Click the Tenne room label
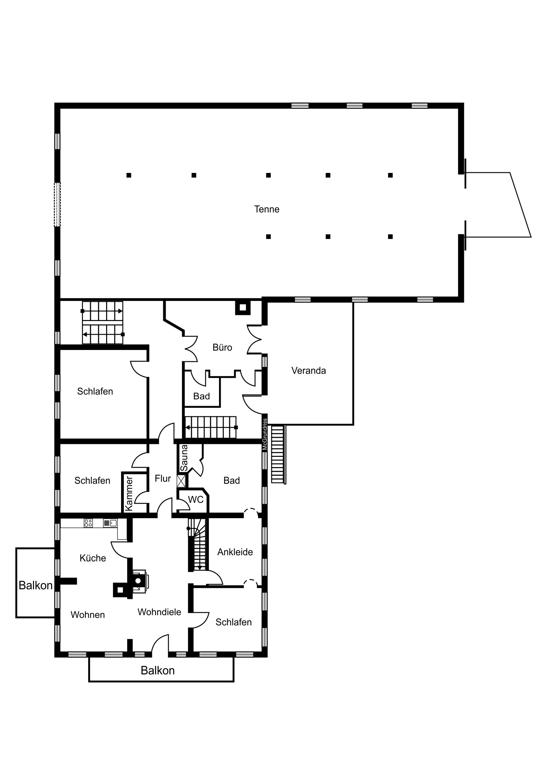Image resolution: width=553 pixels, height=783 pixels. [266, 209]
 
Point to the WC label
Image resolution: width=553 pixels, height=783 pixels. [196, 500]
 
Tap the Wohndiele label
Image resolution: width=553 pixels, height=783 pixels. [159, 612]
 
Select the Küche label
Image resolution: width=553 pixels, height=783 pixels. [93, 558]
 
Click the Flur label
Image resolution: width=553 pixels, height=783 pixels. [163, 478]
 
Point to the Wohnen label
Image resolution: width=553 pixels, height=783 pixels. [87, 614]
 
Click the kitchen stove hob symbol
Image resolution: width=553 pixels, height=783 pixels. [88, 523]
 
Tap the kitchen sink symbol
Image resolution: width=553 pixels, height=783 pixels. [110, 523]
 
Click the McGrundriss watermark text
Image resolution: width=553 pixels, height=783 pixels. [265, 434]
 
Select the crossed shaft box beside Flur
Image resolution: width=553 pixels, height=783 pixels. [182, 481]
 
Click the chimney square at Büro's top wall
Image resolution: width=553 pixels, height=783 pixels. [242, 308]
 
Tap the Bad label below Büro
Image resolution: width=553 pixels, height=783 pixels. [201, 396]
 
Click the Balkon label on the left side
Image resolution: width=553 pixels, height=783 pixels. [35, 585]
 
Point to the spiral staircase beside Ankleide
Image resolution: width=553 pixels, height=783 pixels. [198, 544]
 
